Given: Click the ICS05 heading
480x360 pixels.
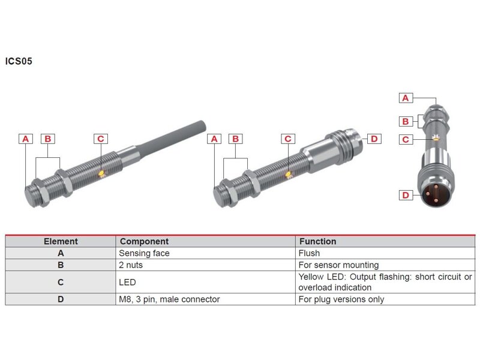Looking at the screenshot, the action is [x=19, y=61].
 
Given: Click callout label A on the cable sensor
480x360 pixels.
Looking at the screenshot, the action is [x=26, y=139].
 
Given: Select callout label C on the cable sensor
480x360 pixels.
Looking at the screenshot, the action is [x=101, y=139].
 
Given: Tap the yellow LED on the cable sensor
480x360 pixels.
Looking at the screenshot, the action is [x=101, y=173].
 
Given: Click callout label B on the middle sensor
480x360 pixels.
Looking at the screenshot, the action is [x=235, y=139].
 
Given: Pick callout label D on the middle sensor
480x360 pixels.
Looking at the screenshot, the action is [x=374, y=139].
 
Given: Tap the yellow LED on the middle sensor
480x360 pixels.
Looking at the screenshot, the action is [x=289, y=174].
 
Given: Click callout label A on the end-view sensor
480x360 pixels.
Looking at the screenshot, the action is [x=406, y=98].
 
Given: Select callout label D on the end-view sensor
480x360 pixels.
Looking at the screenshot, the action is [x=406, y=195].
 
